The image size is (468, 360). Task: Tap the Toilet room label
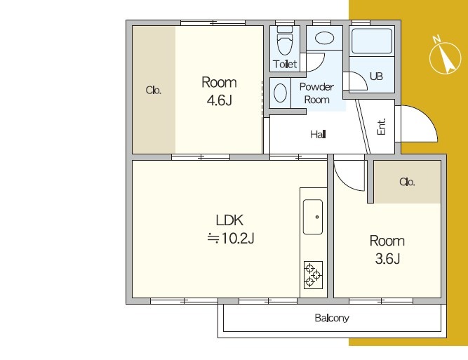[285, 64]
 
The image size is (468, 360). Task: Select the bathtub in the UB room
[372, 41]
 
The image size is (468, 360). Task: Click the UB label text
[376, 76]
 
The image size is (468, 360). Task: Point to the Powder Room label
[316, 93]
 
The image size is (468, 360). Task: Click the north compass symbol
[445, 56]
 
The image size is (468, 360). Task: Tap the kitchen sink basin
[313, 217]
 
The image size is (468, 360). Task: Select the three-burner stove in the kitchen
[313, 275]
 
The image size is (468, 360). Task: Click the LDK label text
[229, 220]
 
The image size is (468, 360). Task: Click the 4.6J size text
[220, 100]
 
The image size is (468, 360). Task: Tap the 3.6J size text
[387, 259]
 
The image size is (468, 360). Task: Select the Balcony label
[332, 318]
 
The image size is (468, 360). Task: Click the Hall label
[318, 135]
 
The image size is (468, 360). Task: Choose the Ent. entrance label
[382, 126]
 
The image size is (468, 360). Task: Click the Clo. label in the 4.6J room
[154, 90]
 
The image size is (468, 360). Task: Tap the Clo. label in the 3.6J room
[407, 182]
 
